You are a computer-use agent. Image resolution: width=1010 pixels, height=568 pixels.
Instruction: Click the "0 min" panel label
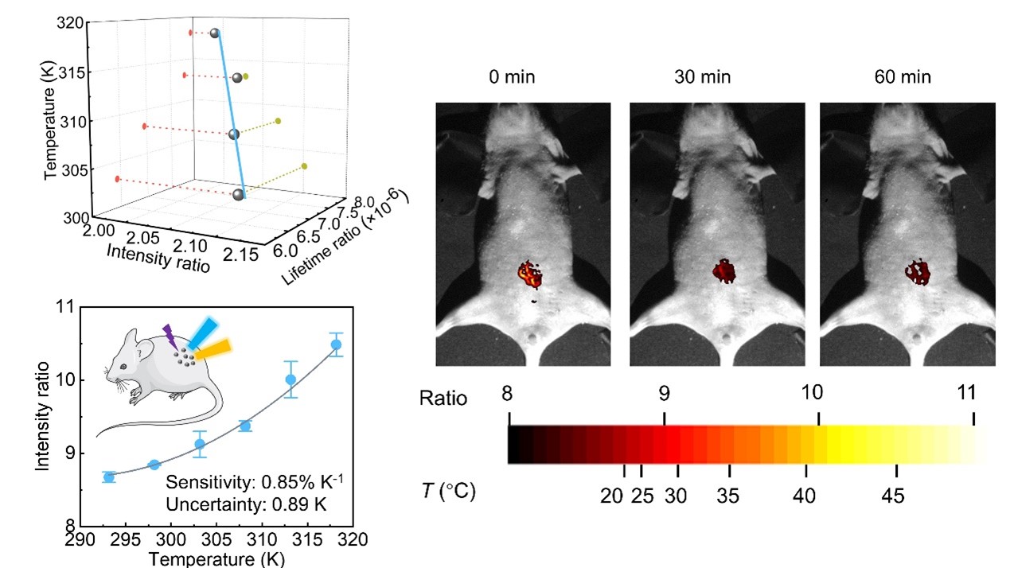click(512, 78)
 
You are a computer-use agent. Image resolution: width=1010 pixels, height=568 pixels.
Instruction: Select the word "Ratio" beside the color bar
click(443, 398)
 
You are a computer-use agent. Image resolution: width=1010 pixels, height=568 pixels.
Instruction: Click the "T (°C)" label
click(447, 492)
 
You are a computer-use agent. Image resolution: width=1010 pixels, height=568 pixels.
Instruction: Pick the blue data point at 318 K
click(336, 344)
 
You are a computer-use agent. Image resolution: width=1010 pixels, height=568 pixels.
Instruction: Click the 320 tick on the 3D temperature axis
click(73, 24)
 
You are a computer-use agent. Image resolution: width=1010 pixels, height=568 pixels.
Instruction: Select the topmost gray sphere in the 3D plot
click(215, 33)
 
